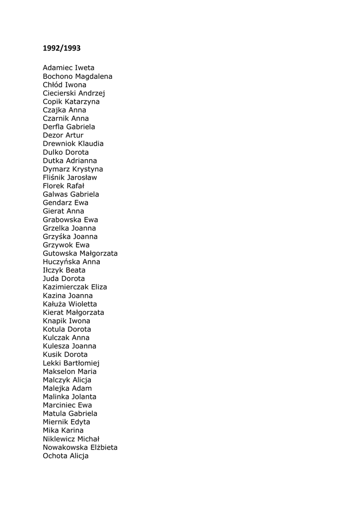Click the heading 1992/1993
click(62, 49)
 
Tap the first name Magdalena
click(94, 76)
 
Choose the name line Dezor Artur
click(63, 135)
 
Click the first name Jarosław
click(82, 178)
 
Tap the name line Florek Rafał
click(64, 186)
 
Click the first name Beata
click(75, 270)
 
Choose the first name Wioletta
click(83, 304)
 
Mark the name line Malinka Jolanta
click(70, 397)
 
